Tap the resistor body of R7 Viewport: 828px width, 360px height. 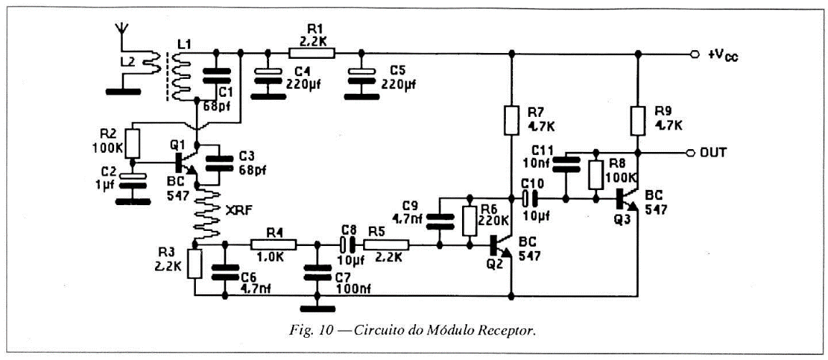[512, 120]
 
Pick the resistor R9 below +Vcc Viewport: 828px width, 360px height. [637, 120]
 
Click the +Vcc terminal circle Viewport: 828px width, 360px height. [693, 54]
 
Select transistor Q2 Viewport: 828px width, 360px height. [499, 246]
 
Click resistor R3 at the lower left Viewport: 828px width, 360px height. [194, 264]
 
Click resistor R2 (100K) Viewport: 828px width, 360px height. [131, 142]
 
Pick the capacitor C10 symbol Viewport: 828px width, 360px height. [530, 197]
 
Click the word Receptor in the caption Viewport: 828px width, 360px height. [512, 331]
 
